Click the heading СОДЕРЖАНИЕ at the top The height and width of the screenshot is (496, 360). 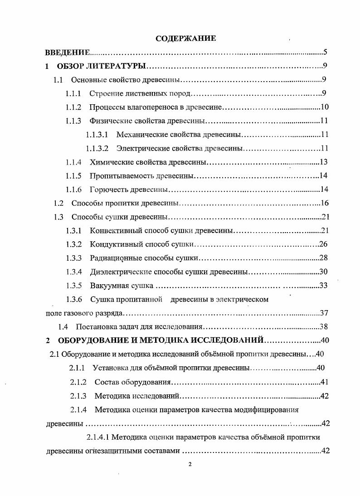(x=185, y=39)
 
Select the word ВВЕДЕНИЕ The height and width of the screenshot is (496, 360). (x=67, y=53)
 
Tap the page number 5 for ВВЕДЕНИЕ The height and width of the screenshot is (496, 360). (x=325, y=52)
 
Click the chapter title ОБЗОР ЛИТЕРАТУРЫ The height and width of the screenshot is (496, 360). (x=101, y=66)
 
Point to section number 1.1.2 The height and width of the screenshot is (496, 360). (x=73, y=107)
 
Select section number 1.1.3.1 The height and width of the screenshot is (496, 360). (x=97, y=135)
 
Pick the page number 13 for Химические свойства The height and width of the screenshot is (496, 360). (x=324, y=162)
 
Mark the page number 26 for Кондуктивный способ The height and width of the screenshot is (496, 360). (x=324, y=244)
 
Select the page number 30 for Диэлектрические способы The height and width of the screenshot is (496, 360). (x=324, y=272)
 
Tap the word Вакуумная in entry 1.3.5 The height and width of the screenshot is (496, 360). (x=106, y=286)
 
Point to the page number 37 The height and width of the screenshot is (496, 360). (x=324, y=313)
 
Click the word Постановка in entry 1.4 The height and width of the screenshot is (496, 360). (x=94, y=327)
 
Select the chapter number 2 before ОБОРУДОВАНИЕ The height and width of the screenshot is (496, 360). (x=48, y=340)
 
